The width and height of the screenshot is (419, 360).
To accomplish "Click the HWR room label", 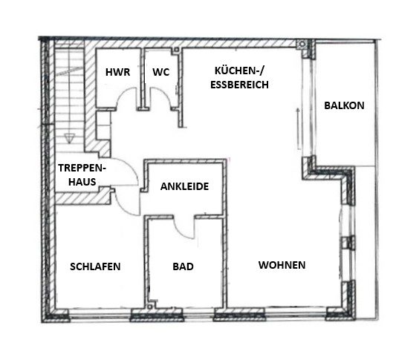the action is point(117,72).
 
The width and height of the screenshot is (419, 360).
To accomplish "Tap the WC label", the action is point(161,72).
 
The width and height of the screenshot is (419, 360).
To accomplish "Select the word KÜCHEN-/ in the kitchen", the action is point(239,71).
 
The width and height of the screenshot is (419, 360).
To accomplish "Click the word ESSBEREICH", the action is point(239,85).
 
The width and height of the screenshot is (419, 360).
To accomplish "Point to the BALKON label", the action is point(344,105).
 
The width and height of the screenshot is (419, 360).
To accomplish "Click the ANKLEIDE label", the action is point(184,186).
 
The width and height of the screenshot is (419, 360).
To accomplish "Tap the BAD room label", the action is point(183,266).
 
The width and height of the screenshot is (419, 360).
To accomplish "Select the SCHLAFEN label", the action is point(95,266).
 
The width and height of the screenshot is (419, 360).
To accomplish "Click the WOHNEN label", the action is point(282,265).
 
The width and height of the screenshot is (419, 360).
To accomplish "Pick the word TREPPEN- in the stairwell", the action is point(82,168).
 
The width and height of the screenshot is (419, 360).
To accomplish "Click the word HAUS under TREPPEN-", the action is point(82,182).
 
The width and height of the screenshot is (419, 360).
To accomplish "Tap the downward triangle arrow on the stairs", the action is point(69,138).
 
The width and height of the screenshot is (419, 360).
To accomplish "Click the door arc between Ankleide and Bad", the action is point(181,232).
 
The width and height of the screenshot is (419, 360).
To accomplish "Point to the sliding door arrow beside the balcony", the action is point(298,129).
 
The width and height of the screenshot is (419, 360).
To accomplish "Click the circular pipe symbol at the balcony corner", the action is point(302,44).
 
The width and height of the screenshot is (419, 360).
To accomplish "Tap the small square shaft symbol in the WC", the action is point(176,50).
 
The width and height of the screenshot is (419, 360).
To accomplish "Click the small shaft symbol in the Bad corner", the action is point(151,306).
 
